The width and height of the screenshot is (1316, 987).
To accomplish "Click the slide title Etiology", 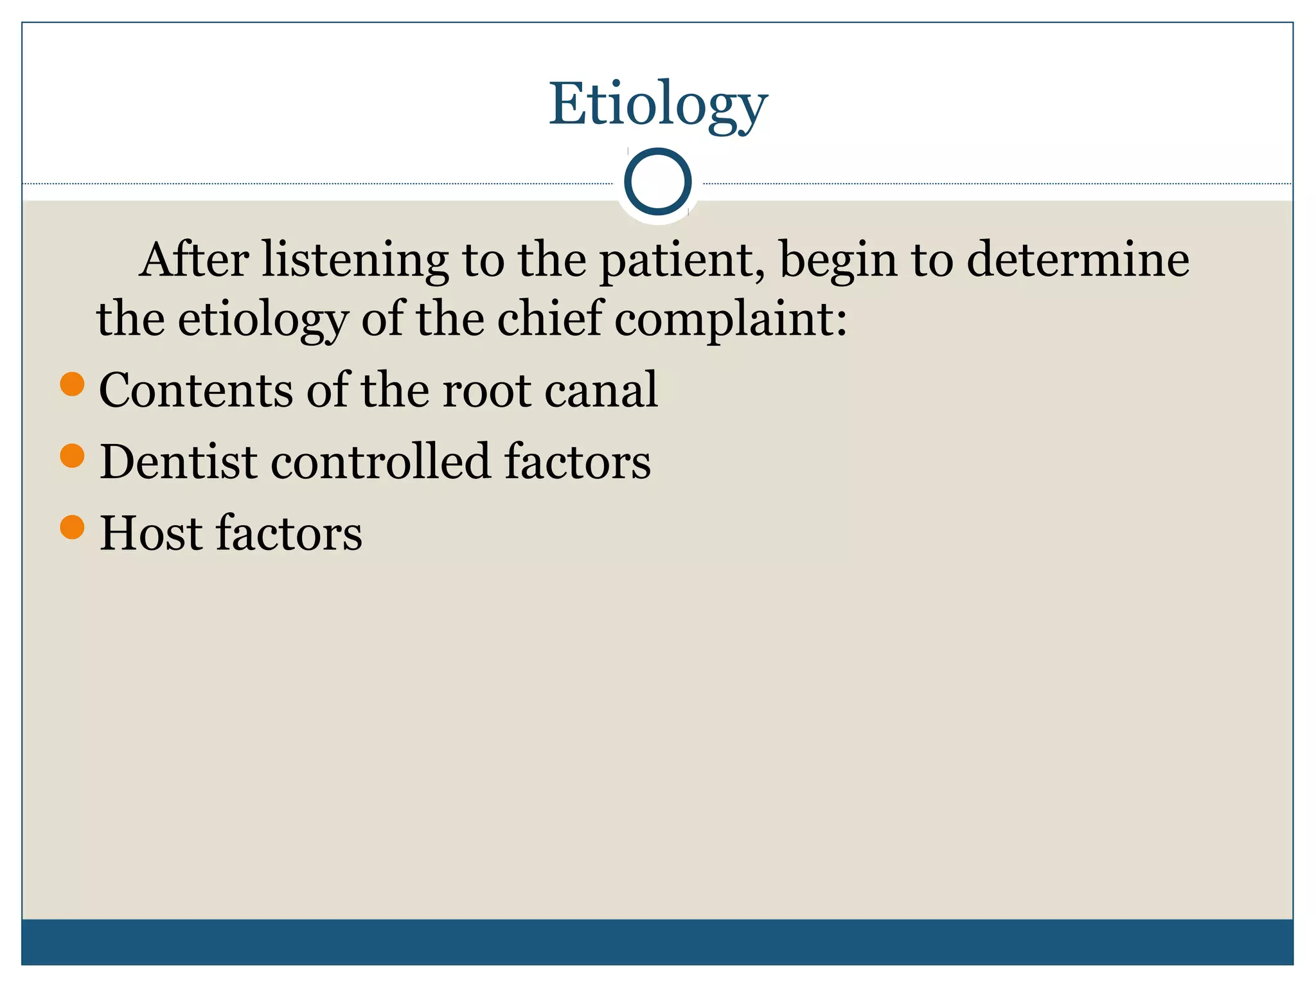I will (x=658, y=104).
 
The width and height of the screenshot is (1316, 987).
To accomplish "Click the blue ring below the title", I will (x=657, y=182).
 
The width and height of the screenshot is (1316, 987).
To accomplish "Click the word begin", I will (x=839, y=261).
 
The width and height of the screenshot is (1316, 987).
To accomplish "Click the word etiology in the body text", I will (x=263, y=320).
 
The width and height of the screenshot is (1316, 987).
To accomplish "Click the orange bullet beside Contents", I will (x=73, y=384).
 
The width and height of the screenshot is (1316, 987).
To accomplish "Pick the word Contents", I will (x=196, y=390).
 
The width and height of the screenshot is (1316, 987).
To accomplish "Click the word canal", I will (x=601, y=390).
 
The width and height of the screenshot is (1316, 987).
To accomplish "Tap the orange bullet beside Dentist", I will (x=73, y=456).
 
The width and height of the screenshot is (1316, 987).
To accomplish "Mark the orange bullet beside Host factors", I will (x=73, y=527).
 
